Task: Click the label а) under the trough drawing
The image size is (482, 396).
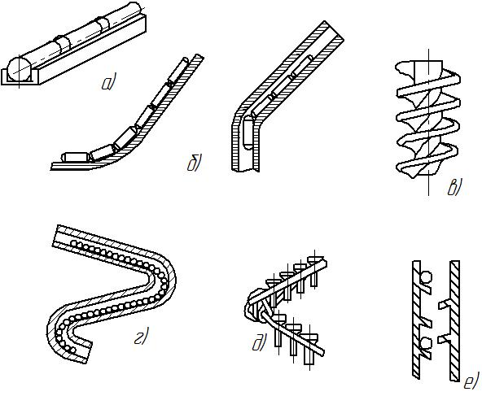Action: pyautogui.click(x=107, y=83)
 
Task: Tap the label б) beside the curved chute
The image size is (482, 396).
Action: pyautogui.click(x=194, y=163)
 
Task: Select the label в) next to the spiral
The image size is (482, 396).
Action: pyautogui.click(x=454, y=188)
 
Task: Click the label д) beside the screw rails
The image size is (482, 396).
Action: pyautogui.click(x=259, y=343)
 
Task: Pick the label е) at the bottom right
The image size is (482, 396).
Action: pyautogui.click(x=471, y=381)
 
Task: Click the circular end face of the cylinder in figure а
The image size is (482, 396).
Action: pyautogui.click(x=19, y=69)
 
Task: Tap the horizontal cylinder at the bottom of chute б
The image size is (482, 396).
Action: pyautogui.click(x=76, y=157)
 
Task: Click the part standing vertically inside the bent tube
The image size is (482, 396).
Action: pyautogui.click(x=248, y=134)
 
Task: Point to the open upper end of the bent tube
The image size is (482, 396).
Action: pyautogui.click(x=334, y=31)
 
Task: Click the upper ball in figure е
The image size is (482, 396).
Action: pyautogui.click(x=426, y=277)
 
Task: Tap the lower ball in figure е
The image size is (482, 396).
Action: pyautogui.click(x=425, y=343)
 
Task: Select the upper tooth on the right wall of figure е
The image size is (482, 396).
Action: pyautogui.click(x=445, y=304)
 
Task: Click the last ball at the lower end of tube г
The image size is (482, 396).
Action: pyautogui.click(x=72, y=350)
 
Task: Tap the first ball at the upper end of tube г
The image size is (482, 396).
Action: pyautogui.click(x=74, y=243)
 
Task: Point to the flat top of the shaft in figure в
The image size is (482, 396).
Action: pyautogui.click(x=428, y=62)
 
